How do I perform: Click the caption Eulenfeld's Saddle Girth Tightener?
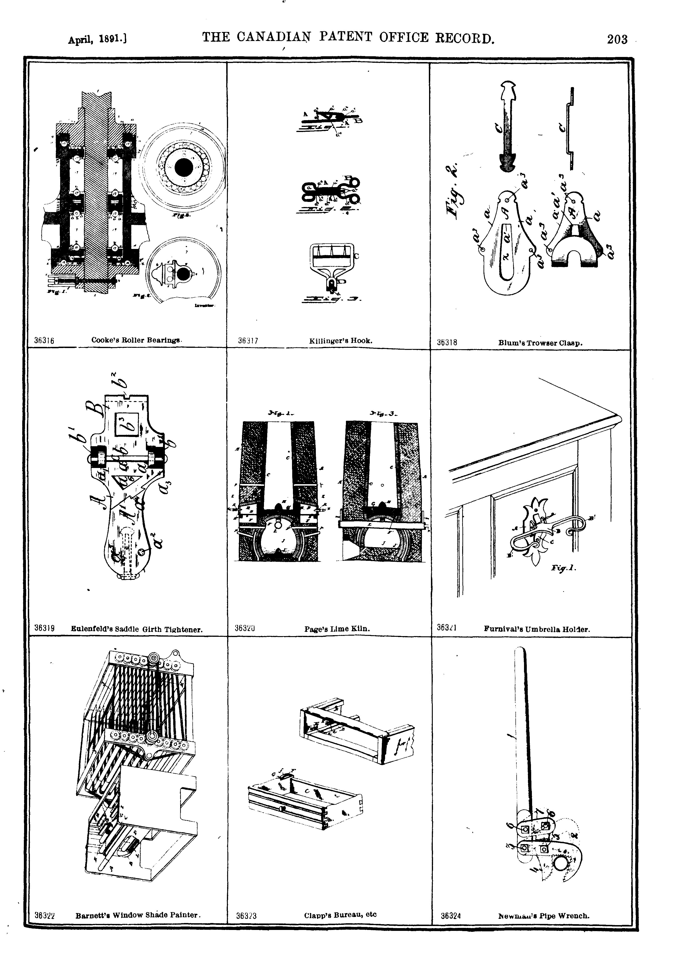[x=136, y=630]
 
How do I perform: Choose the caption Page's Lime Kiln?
[x=337, y=629]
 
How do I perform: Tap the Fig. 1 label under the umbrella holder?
[x=563, y=568]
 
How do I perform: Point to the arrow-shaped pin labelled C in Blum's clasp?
[x=508, y=126]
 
